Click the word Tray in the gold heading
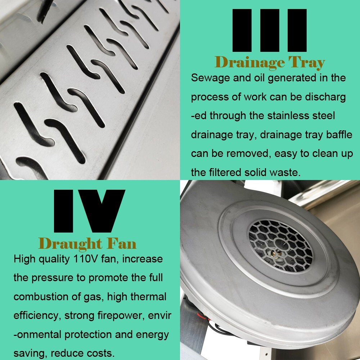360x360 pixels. tap(307, 62)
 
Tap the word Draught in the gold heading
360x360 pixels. tap(70, 244)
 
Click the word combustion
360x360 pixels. tap(41, 297)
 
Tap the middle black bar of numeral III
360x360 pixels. tap(270, 30)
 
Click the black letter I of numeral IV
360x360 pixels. tap(63, 211)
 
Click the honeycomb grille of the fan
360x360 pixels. tap(280, 245)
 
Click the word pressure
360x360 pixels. tap(53, 278)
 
